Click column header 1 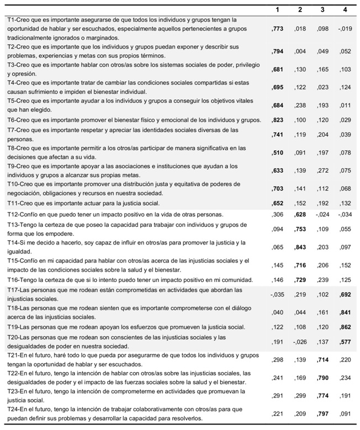[278, 9]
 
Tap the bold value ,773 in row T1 [277, 28]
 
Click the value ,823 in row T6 [277, 120]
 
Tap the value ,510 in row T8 [277, 152]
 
